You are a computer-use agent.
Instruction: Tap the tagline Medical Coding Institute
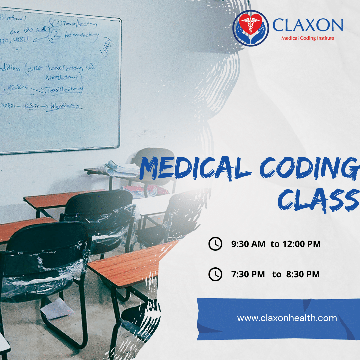pos(307,38)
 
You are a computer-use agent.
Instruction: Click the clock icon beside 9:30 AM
pos(215,244)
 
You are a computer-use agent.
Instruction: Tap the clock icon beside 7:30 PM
pos(215,274)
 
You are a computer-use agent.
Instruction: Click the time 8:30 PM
pos(303,274)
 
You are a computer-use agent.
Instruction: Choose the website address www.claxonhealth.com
pos(287,318)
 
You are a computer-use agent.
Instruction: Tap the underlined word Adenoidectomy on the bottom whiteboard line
pos(65,106)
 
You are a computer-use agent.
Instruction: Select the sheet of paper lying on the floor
pos(57,309)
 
